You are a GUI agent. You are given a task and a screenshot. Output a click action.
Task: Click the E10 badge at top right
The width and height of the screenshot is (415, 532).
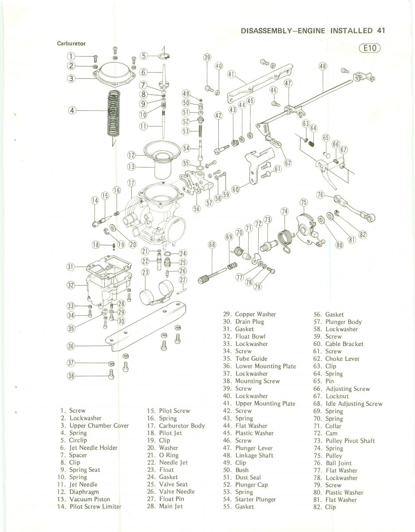point(369,48)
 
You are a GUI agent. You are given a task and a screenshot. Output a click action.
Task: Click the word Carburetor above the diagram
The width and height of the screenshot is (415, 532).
point(71,44)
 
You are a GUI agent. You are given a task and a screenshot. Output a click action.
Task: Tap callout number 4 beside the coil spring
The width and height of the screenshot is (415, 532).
point(72,110)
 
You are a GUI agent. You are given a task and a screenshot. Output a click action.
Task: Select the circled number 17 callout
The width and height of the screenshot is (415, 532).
point(131,183)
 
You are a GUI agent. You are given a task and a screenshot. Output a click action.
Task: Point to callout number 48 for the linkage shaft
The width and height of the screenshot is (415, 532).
point(323,66)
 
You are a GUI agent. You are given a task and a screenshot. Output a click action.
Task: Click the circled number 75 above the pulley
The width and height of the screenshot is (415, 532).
point(304,203)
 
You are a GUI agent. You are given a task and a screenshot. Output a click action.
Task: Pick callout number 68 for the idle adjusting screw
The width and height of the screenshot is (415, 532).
point(212,244)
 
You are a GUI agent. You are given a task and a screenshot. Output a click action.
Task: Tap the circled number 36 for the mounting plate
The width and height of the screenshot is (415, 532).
point(71,346)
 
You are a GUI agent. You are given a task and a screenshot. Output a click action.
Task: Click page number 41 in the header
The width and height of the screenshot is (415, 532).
point(380,31)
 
